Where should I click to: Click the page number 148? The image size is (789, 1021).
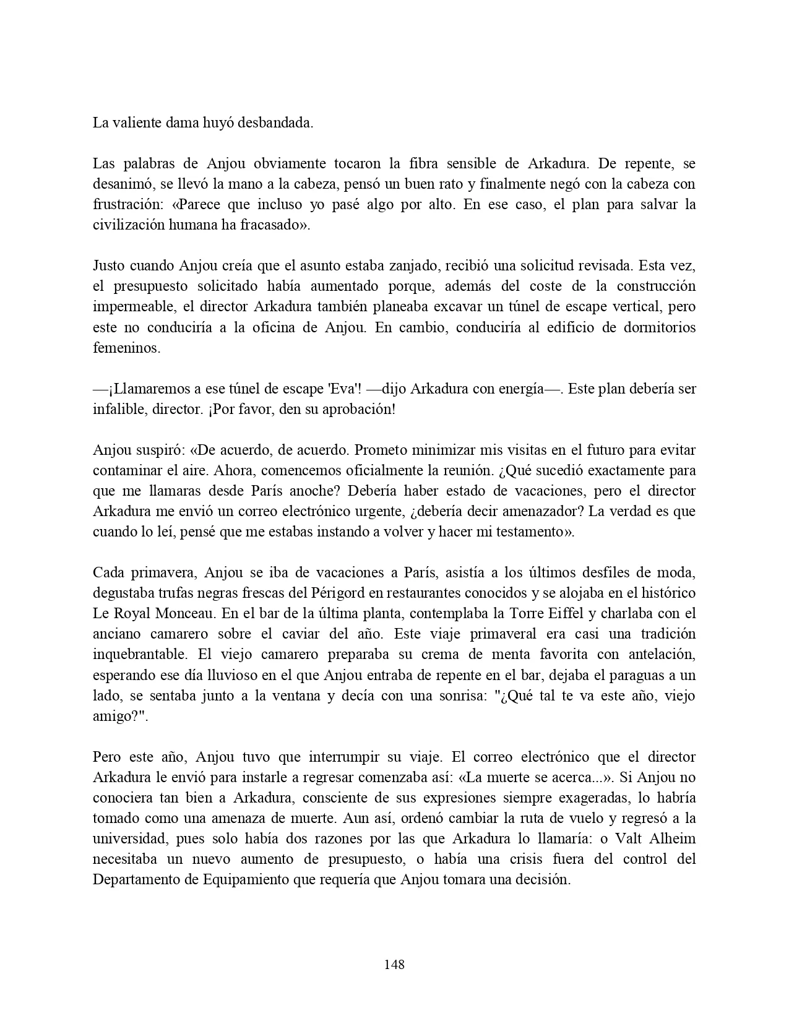click(x=394, y=964)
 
